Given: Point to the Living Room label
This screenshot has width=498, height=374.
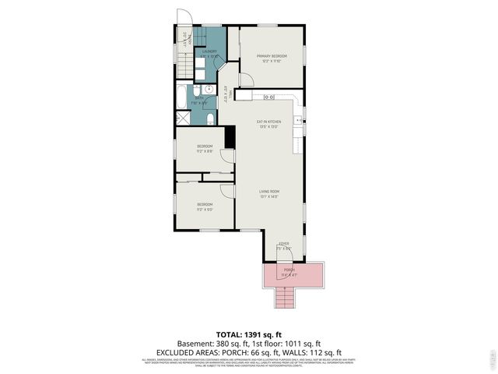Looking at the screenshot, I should tap(269, 193).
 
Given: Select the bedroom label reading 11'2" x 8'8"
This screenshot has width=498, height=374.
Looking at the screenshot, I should tap(205, 148).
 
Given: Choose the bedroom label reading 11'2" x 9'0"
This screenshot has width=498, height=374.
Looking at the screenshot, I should tap(205, 206).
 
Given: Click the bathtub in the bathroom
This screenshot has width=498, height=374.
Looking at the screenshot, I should tap(181, 97).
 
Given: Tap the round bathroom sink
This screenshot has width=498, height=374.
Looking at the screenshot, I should tap(198, 90).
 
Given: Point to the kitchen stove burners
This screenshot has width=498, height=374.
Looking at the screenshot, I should tap(268, 97).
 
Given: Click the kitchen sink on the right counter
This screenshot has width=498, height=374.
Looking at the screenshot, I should tap(297, 121).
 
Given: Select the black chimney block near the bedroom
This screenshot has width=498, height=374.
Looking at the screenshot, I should tap(230, 136).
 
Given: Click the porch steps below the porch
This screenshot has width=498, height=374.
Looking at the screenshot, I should tap(285, 297).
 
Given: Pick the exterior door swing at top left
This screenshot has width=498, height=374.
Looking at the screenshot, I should tap(184, 18).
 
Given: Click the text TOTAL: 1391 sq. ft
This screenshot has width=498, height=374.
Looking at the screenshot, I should tap(248, 333).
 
